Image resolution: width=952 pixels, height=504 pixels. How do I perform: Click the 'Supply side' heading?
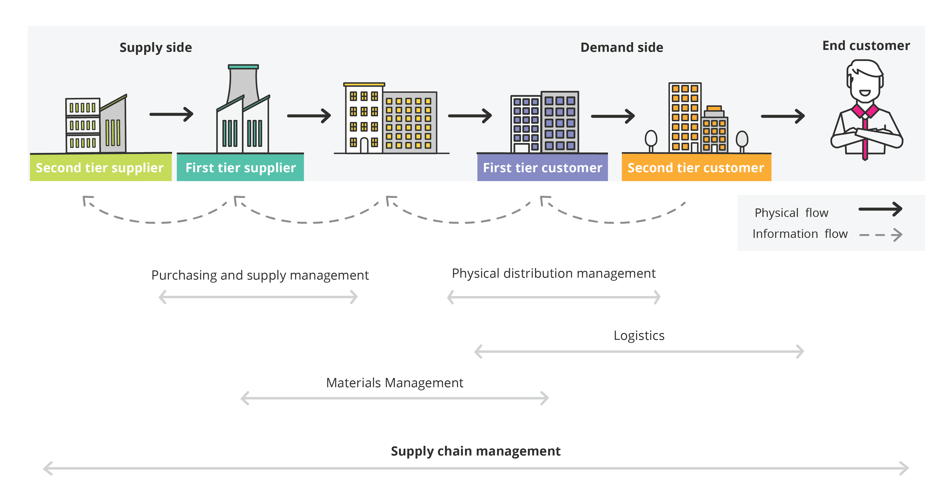[x=156, y=48]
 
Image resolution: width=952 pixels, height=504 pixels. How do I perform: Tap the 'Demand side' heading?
[x=622, y=48]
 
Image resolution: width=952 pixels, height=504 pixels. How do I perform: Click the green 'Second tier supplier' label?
[x=100, y=168]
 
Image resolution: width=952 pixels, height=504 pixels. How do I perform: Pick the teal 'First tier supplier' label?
[x=240, y=168]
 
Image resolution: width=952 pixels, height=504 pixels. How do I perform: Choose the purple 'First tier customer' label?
[x=542, y=168]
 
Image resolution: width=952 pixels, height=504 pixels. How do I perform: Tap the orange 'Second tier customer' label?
[x=696, y=168]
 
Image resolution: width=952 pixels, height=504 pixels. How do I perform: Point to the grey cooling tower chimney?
[x=243, y=85]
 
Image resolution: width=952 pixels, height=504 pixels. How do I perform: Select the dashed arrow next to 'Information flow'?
[x=881, y=235]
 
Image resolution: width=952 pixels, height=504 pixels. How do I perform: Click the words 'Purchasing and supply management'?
[x=260, y=275]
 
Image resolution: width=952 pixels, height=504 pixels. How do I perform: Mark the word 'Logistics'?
[x=639, y=336]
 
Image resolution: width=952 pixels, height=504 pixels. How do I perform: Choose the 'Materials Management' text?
[x=394, y=383]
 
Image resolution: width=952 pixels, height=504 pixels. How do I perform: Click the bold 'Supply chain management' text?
[x=476, y=451]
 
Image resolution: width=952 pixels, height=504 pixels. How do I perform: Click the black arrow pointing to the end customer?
[x=782, y=116]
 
